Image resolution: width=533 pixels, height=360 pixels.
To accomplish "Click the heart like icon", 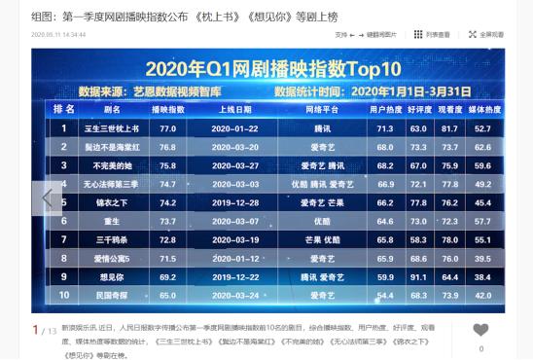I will click(480, 330).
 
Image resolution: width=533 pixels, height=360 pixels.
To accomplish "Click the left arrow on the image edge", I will click(46, 198).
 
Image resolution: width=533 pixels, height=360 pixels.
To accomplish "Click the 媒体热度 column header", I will click(480, 109).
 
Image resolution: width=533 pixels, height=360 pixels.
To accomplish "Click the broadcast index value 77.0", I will click(167, 127).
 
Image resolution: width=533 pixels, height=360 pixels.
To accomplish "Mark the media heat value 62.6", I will click(480, 146).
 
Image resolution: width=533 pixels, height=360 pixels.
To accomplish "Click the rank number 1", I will click(64, 127).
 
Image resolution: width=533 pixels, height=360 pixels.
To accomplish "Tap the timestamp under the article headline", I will click(58, 34).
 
